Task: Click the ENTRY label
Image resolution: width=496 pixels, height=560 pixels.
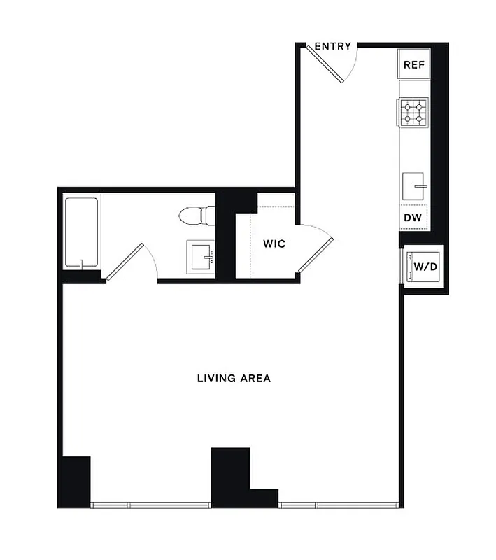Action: click(333, 47)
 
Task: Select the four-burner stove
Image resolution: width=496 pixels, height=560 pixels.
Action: click(413, 113)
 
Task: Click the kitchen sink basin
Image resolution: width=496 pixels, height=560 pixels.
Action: click(415, 186)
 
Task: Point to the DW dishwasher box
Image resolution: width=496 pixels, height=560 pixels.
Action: click(413, 218)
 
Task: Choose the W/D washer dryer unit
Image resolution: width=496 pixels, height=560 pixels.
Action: click(422, 267)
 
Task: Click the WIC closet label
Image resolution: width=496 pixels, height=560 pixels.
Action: click(273, 244)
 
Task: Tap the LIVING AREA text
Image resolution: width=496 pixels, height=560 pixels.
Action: click(234, 379)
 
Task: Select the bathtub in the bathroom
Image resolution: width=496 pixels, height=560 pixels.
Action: click(82, 232)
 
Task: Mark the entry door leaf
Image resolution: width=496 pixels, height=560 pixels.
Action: click(327, 64)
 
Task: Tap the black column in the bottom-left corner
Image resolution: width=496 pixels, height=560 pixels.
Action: click(76, 481)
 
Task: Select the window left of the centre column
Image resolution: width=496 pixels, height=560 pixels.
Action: click(150, 504)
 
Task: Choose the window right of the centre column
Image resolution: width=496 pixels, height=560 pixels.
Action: click(339, 504)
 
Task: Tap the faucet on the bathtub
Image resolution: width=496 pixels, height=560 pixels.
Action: click(82, 264)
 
